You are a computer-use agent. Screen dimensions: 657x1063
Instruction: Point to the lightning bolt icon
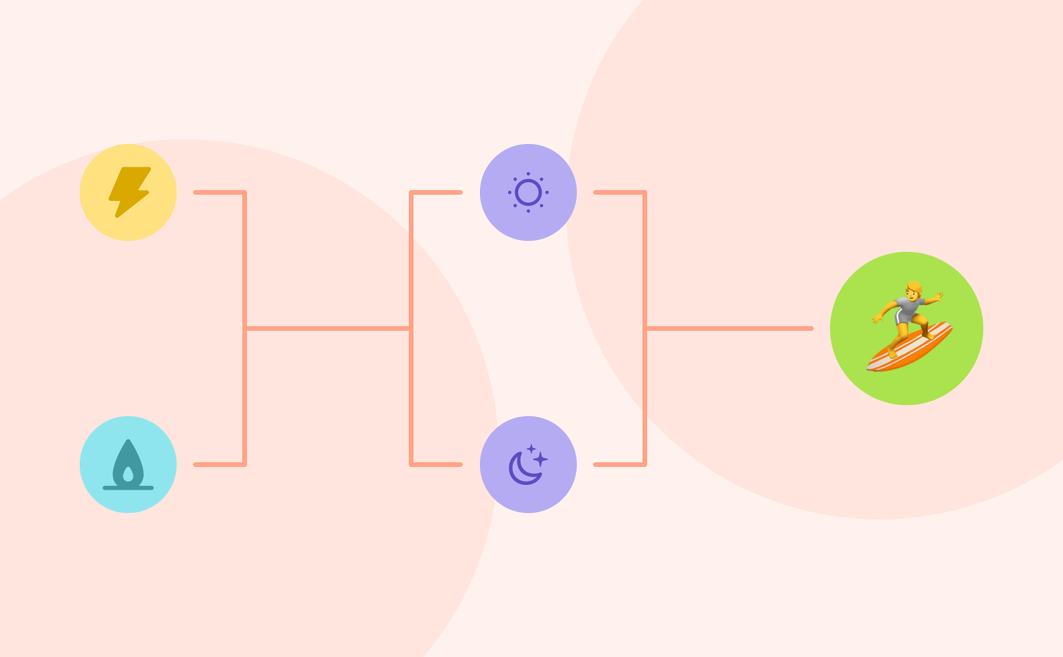tap(129, 192)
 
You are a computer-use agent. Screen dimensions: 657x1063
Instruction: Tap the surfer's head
tap(912, 289)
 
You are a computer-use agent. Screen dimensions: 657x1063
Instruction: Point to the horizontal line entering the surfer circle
tap(731, 328)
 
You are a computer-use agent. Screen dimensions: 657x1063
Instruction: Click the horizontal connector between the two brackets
tap(328, 328)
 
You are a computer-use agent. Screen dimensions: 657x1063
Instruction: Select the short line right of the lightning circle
tap(219, 192)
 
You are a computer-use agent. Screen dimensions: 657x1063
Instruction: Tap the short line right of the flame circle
tap(219, 465)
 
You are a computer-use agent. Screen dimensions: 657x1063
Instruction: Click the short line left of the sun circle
tap(436, 192)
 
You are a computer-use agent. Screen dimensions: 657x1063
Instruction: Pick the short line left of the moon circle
tap(436, 465)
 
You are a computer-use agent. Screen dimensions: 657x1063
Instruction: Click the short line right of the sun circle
tap(619, 192)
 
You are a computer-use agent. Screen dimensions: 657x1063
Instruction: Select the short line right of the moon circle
tap(619, 465)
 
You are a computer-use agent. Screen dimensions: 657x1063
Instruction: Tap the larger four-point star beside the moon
tap(540, 459)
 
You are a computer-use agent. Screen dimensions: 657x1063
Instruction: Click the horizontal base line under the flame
tap(128, 488)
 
